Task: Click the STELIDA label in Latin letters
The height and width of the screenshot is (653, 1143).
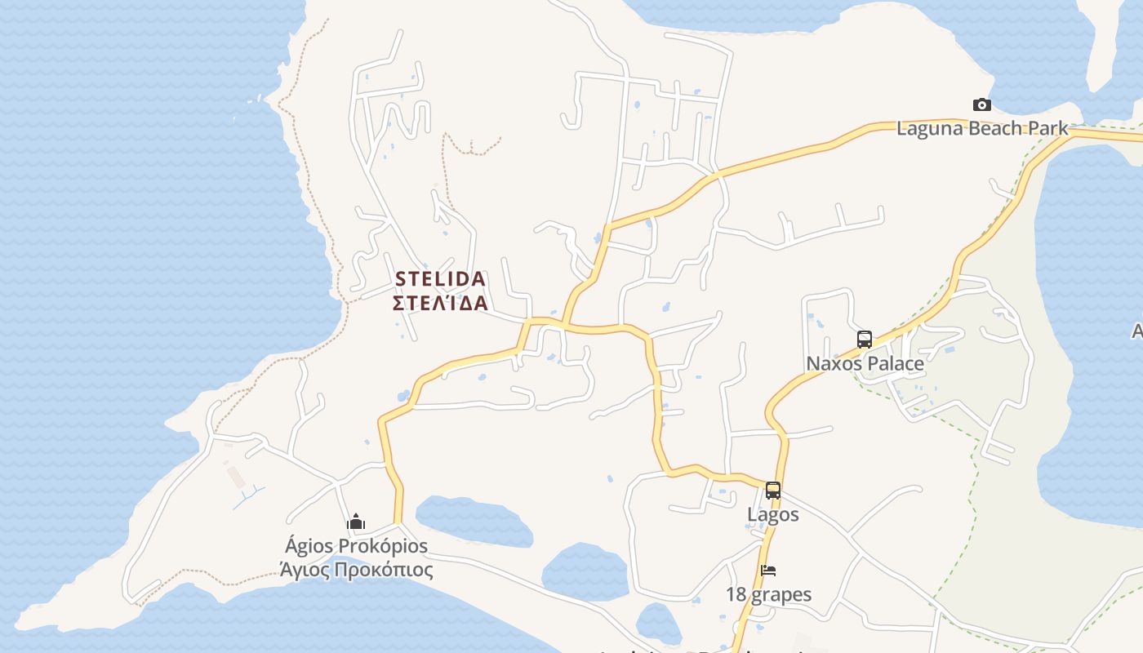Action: pos(440,279)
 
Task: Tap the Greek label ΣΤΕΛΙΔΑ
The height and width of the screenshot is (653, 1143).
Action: pos(440,304)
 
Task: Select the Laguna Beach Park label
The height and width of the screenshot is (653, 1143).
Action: pos(982,128)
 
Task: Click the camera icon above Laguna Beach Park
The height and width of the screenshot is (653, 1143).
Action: pos(982,104)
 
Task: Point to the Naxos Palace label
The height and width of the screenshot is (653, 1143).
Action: pos(865,363)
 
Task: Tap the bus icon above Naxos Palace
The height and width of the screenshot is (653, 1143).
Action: pos(865,339)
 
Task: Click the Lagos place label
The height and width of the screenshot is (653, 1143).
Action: pos(772,515)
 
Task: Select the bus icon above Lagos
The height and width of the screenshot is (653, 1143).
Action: pos(772,491)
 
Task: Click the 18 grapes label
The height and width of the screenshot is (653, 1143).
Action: pos(768,594)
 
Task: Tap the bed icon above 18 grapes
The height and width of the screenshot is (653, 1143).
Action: pos(768,570)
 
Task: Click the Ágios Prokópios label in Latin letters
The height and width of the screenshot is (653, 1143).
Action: pos(356,545)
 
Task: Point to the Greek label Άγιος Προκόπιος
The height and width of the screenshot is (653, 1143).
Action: pos(356,569)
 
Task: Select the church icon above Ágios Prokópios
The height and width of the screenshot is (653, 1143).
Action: pos(356,522)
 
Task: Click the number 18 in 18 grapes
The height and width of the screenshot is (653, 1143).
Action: pos(736,594)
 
